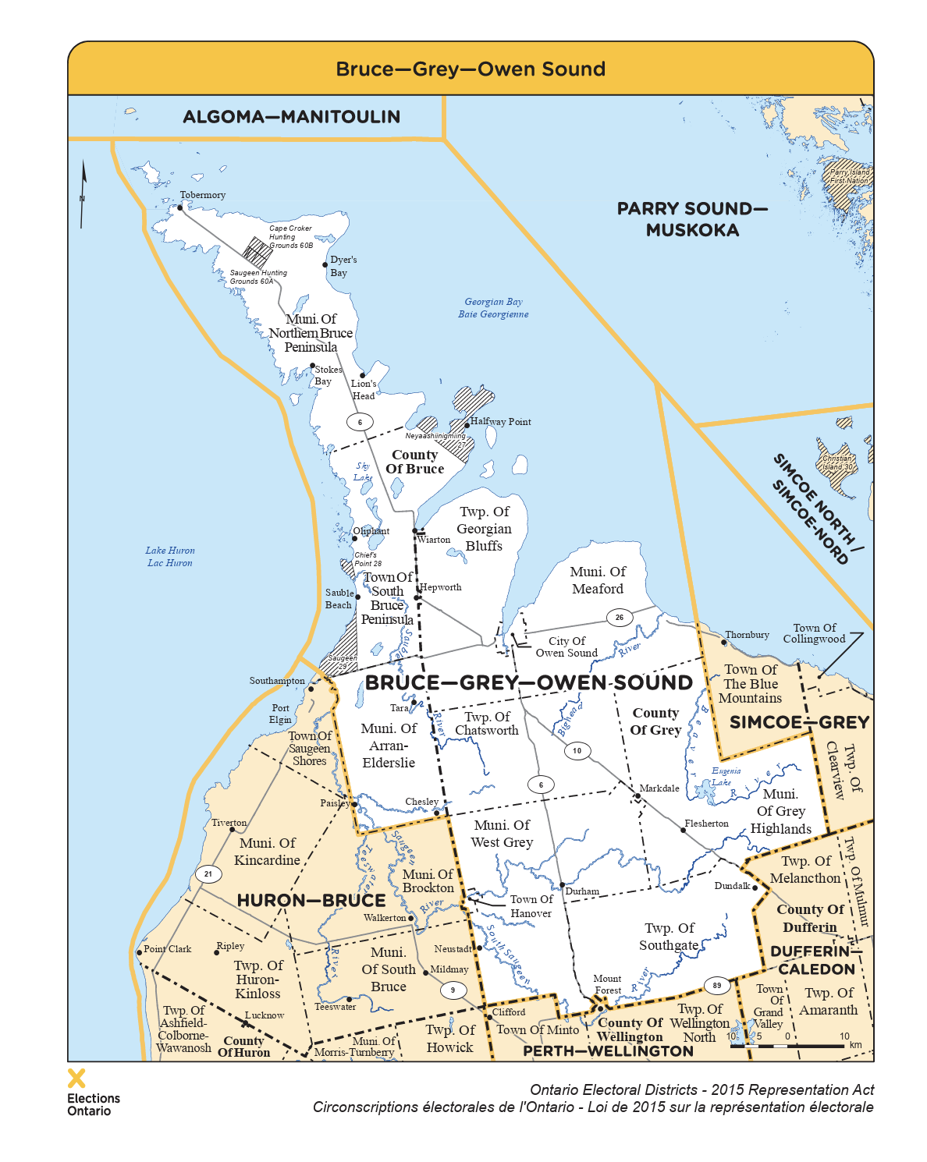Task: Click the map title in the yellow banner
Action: click(471, 69)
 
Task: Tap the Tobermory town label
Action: click(202, 195)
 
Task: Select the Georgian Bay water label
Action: click(493, 308)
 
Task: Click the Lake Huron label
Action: click(170, 557)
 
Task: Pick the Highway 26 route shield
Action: click(620, 618)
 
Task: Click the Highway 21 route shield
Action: click(208, 874)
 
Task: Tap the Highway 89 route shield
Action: click(717, 986)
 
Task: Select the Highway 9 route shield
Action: click(453, 990)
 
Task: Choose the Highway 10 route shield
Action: click(577, 751)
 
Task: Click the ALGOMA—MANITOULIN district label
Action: click(291, 117)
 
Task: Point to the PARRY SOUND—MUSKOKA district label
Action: click(692, 219)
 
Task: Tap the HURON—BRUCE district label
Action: click(311, 901)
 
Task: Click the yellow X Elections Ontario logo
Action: click(76, 1079)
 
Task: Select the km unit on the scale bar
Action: click(855, 1045)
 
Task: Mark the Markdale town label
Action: click(659, 788)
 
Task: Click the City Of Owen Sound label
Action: click(566, 647)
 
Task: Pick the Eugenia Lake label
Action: click(726, 776)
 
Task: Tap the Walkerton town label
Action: click(385, 918)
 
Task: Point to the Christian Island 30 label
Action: click(837, 463)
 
